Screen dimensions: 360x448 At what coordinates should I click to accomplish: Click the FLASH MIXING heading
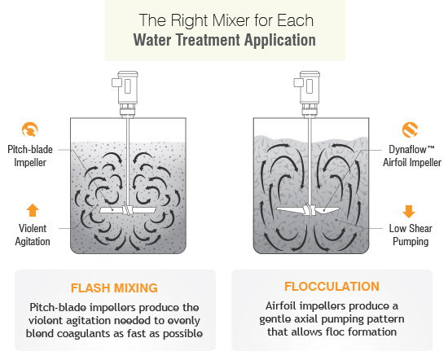tap(113, 287)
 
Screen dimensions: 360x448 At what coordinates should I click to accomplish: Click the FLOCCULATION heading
tap(332, 287)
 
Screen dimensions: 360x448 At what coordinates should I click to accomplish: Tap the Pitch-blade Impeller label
tap(32, 156)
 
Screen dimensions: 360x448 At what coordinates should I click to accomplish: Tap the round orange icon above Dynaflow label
tap(410, 130)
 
